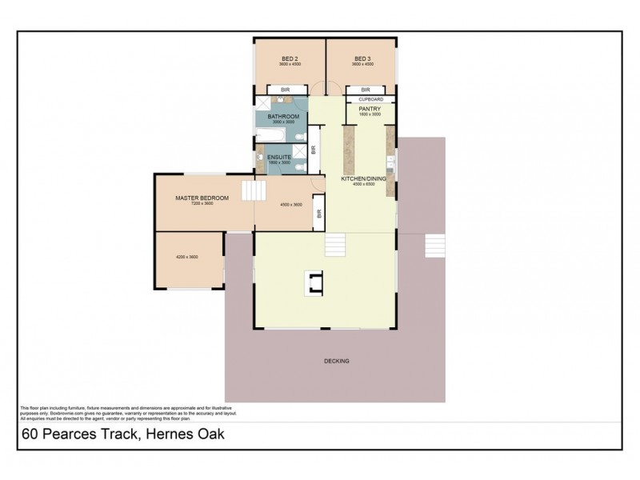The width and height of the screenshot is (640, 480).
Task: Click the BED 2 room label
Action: tap(290, 58)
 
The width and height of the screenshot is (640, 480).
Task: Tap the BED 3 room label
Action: tap(363, 58)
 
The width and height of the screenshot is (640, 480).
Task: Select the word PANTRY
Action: tap(369, 108)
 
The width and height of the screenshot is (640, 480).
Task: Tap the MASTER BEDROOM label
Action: tap(202, 198)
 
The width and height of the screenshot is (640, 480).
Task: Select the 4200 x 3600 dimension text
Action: tap(186, 257)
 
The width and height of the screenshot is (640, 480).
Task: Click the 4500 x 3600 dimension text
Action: tap(290, 204)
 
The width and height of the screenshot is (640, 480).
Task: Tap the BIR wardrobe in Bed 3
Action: tap(366, 90)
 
